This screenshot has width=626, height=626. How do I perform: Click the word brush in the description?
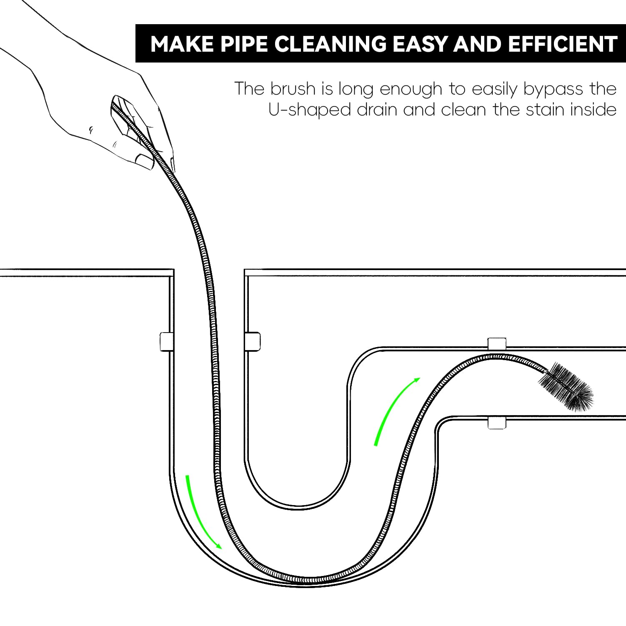click(293, 89)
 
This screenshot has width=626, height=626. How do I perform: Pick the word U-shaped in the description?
click(310, 110)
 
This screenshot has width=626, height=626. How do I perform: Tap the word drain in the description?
click(377, 110)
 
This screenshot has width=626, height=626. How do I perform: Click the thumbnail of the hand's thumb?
click(144, 161)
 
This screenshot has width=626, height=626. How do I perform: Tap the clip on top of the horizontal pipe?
click(497, 343)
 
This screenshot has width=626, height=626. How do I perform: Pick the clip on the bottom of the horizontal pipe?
click(497, 422)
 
